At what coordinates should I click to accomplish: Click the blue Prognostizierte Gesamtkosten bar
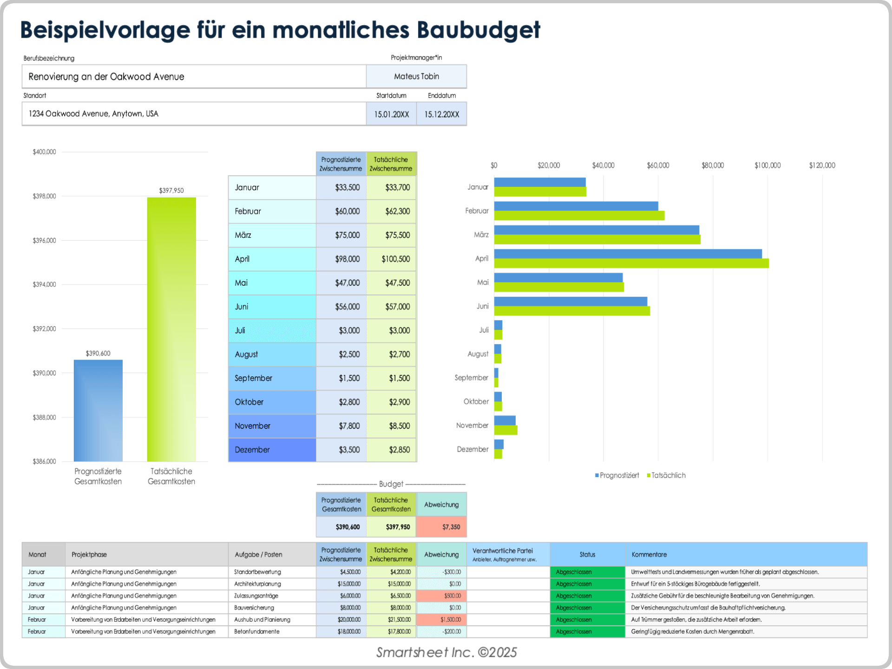coord(98,411)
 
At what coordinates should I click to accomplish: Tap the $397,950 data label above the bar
coord(171,190)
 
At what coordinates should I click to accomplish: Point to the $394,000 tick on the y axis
coord(44,284)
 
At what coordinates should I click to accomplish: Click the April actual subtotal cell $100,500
coord(395,259)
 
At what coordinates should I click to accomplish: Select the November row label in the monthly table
coord(252,426)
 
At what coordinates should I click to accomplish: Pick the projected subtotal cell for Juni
coord(347,307)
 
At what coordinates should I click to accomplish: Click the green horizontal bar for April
coord(631,263)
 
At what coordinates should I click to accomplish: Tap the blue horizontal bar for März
coord(597,230)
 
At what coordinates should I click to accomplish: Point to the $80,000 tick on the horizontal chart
coord(713,165)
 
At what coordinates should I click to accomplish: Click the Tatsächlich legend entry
coord(668,475)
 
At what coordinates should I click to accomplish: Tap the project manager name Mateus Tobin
coord(416,77)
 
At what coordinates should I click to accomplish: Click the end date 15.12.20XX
coord(441,114)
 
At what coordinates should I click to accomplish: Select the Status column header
coord(587,554)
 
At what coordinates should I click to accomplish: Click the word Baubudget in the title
coord(479,30)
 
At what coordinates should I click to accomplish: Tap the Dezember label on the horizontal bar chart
coord(472,449)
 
